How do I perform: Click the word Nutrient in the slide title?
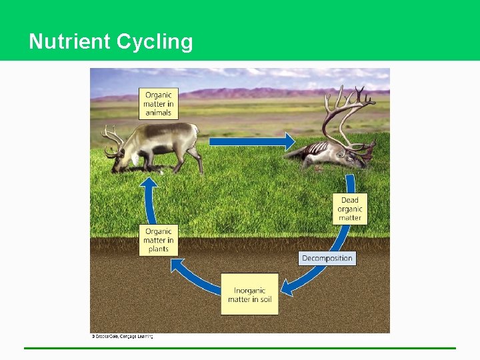[70, 41]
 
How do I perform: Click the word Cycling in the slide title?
[155, 42]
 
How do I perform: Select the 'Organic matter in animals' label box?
[159, 103]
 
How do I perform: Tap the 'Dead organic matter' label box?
[349, 209]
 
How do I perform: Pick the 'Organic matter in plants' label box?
[159, 240]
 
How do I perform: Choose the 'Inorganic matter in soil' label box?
[249, 294]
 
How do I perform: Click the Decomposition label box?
[327, 258]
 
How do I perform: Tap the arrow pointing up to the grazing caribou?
[149, 200]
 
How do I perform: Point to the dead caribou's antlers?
[347, 110]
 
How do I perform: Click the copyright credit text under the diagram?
[123, 337]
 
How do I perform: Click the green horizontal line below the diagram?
[240, 347]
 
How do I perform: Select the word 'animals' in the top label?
[159, 113]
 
